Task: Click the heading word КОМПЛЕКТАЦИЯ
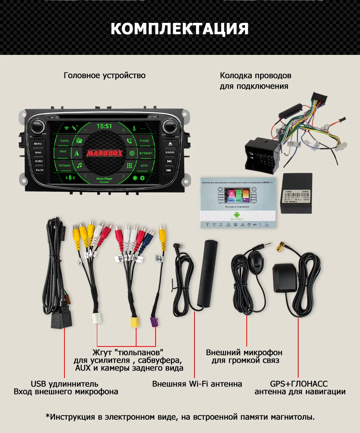[x=180, y=29]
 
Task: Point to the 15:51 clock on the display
[x=104, y=126]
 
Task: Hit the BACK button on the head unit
[x=39, y=170]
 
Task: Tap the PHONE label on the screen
[x=144, y=141]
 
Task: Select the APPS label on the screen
[x=144, y=166]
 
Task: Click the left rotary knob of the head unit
[x=39, y=127]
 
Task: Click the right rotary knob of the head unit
[x=169, y=126]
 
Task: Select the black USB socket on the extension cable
[x=61, y=319]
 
